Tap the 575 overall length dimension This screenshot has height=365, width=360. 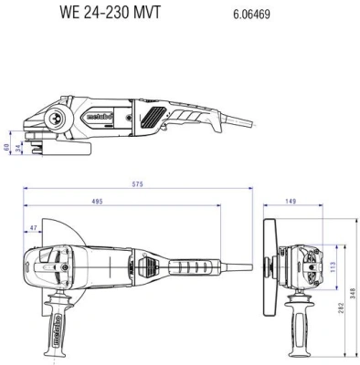click(137, 184)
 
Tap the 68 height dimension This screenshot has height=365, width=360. click(5, 146)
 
